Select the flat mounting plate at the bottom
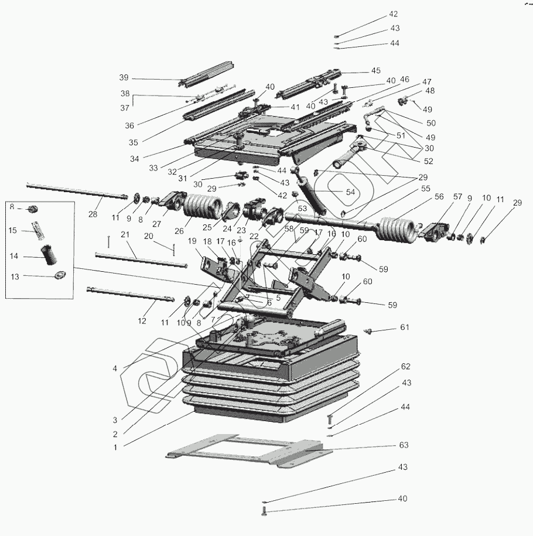[x=246, y=449]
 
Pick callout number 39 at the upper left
[x=123, y=77]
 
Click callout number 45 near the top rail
[x=375, y=71]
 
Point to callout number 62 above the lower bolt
[x=405, y=367]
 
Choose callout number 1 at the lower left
[x=115, y=447]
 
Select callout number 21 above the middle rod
[x=124, y=234]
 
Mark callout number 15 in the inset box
[x=12, y=230]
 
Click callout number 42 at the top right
[x=393, y=14]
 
